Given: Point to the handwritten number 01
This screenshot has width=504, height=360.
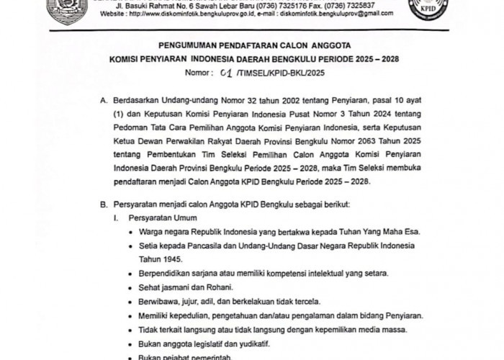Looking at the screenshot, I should point(209,73).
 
